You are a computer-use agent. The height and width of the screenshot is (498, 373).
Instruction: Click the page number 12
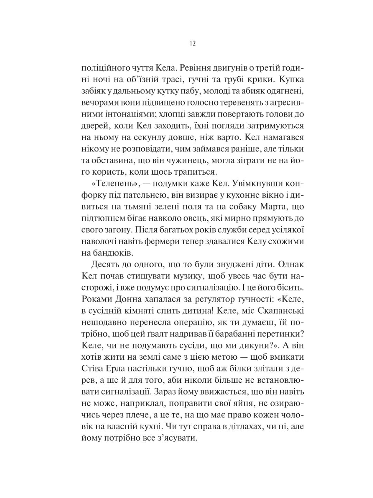193,44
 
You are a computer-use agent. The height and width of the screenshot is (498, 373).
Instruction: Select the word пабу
189,91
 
